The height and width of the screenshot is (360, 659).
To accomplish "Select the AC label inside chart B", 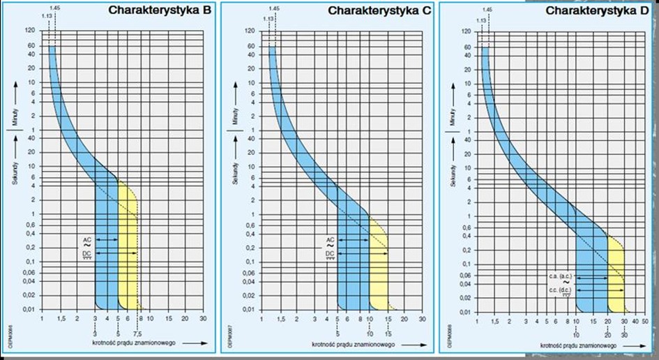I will tap(87, 239).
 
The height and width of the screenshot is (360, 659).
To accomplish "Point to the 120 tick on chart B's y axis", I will tap(30, 31).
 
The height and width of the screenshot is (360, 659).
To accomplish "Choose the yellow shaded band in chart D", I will tap(616, 279).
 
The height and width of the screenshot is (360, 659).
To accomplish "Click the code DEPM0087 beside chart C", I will tap(230, 336).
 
